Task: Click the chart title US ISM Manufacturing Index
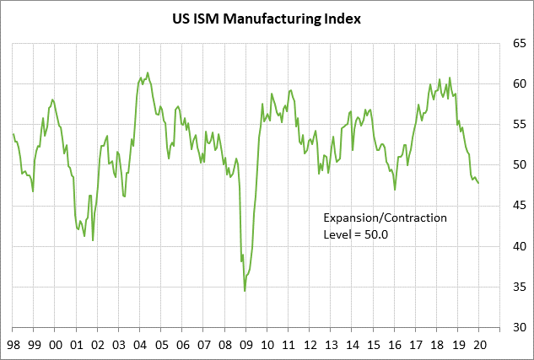(267, 18)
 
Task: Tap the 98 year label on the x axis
(13, 344)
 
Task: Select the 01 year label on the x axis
(76, 344)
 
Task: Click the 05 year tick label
(160, 344)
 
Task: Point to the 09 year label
(245, 344)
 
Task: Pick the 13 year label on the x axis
(331, 344)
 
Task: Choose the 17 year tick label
(416, 344)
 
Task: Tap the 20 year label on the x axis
(479, 344)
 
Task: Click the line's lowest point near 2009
(245, 291)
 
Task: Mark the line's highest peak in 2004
(148, 73)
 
